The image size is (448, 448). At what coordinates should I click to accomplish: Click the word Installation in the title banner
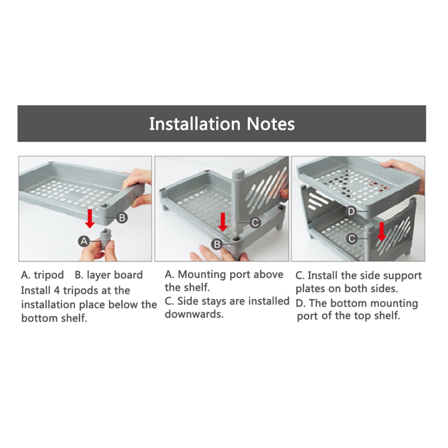[x=195, y=124]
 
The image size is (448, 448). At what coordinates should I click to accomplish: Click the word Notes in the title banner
[x=270, y=124]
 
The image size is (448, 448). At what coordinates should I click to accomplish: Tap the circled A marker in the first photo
[x=84, y=241]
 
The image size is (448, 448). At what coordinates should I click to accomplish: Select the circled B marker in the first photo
[x=122, y=218]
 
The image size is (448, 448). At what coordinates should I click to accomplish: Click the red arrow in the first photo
[x=90, y=218]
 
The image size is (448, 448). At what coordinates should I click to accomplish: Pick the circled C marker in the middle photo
[x=255, y=222]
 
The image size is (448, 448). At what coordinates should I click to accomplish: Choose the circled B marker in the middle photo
[x=217, y=244]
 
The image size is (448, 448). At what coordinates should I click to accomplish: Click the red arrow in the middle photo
[x=222, y=222]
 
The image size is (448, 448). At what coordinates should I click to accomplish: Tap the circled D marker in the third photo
[x=351, y=212]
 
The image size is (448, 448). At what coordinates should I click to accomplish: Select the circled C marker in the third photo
[x=352, y=238]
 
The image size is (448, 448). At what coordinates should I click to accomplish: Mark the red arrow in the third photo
[x=381, y=231]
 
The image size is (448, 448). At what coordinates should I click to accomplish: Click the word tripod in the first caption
[x=49, y=275]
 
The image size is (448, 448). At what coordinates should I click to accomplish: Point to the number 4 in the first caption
[x=56, y=290]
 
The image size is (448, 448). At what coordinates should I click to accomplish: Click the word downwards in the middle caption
[x=194, y=314]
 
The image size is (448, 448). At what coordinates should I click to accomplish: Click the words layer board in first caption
[x=115, y=275]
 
